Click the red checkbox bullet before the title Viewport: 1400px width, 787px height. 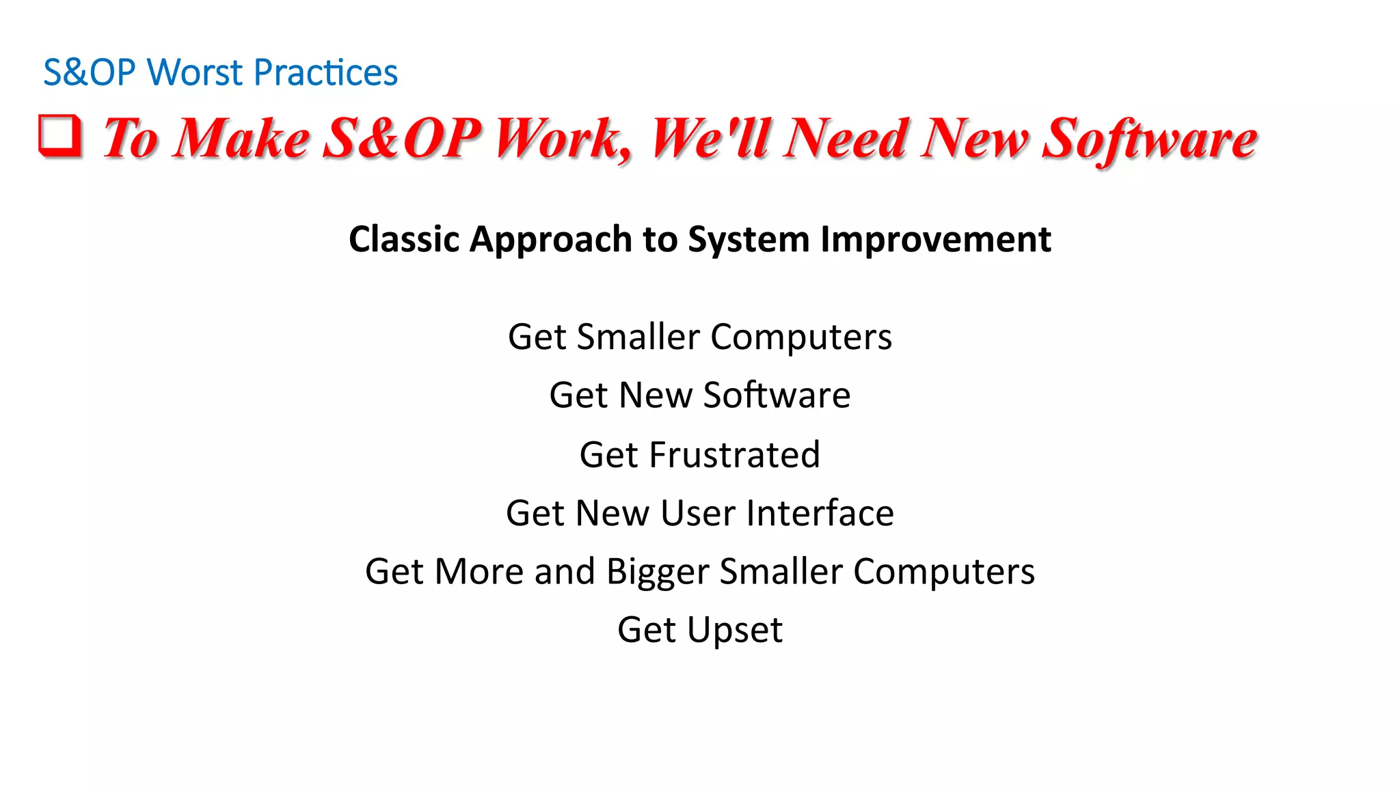(x=60, y=135)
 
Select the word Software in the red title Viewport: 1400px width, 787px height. (x=1149, y=139)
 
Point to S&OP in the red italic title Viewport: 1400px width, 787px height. (x=401, y=138)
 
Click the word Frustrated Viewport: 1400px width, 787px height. (x=734, y=455)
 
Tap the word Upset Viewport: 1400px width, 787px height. (x=734, y=630)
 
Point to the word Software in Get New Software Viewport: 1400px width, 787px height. (x=777, y=396)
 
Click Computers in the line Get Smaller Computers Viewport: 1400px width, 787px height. (x=801, y=337)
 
